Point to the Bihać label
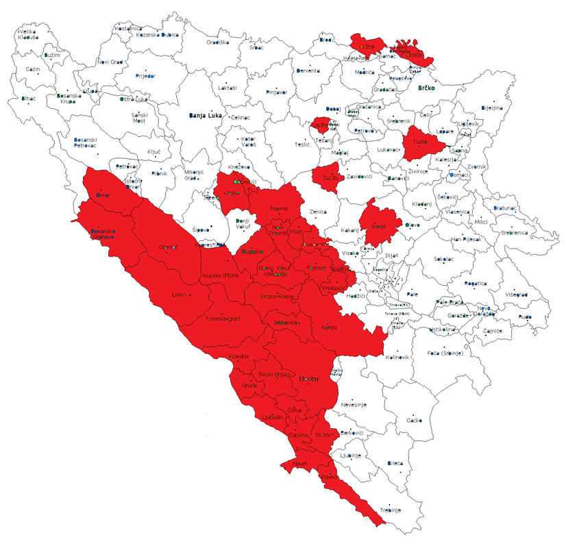click(x=29, y=99)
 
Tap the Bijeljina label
click(x=492, y=108)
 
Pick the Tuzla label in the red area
click(x=419, y=142)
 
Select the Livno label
click(x=179, y=295)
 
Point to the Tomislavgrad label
click(x=224, y=319)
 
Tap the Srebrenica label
click(x=514, y=233)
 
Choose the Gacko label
click(x=414, y=420)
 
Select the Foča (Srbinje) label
click(x=445, y=353)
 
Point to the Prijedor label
click(x=146, y=75)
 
